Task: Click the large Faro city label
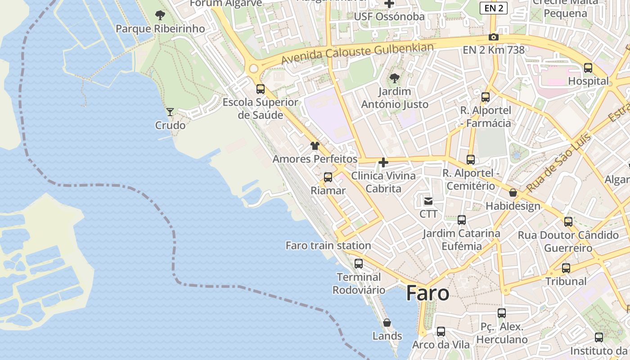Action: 427,293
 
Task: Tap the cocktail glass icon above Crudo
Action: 170,112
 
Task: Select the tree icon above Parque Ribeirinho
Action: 160,16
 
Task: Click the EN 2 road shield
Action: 493,8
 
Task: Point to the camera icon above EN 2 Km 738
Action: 494,37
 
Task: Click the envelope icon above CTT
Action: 428,201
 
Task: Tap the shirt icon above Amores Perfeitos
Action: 315,146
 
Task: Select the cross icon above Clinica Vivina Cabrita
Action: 383,162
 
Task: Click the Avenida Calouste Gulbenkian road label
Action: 357,54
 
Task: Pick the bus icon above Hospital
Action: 588,68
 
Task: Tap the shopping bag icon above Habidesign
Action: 513,193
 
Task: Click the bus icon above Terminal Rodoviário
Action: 359,264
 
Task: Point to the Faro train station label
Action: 328,246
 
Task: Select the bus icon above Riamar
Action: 328,177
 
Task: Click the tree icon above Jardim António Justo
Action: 395,78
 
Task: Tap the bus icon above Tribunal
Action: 566,268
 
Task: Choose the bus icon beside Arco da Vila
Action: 441,332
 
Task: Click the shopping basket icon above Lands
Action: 387,323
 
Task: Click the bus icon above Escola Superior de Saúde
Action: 261,89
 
